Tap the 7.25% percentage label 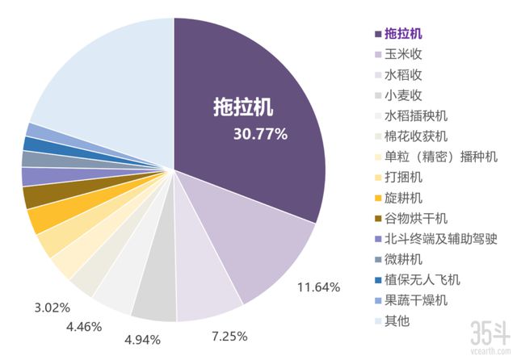click(229, 335)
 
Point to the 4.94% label click(142, 338)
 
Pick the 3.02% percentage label click(52, 308)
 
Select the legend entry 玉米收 click(403, 56)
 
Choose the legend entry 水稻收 click(403, 76)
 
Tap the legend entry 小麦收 click(403, 96)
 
